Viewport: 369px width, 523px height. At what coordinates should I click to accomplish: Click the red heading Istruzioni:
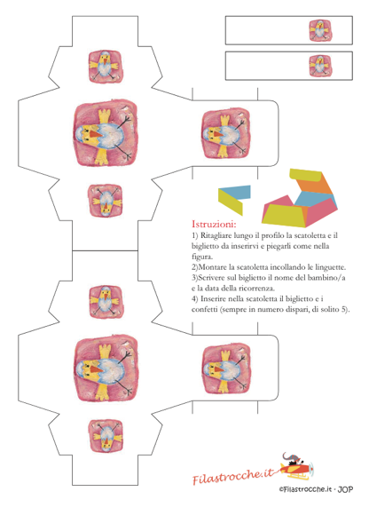[214, 224]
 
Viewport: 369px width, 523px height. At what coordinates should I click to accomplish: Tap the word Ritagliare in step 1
[216, 236]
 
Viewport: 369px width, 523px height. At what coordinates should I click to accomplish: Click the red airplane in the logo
[296, 468]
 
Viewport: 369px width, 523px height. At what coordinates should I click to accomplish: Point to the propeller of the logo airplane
[311, 469]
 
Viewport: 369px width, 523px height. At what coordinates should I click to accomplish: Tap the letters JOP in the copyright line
[345, 489]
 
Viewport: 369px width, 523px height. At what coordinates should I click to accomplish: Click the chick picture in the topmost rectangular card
[320, 30]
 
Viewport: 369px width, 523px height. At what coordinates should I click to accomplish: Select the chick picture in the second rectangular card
[320, 66]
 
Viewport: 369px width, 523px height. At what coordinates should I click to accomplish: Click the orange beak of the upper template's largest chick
[95, 134]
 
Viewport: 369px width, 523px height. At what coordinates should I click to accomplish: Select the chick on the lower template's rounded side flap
[226, 369]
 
